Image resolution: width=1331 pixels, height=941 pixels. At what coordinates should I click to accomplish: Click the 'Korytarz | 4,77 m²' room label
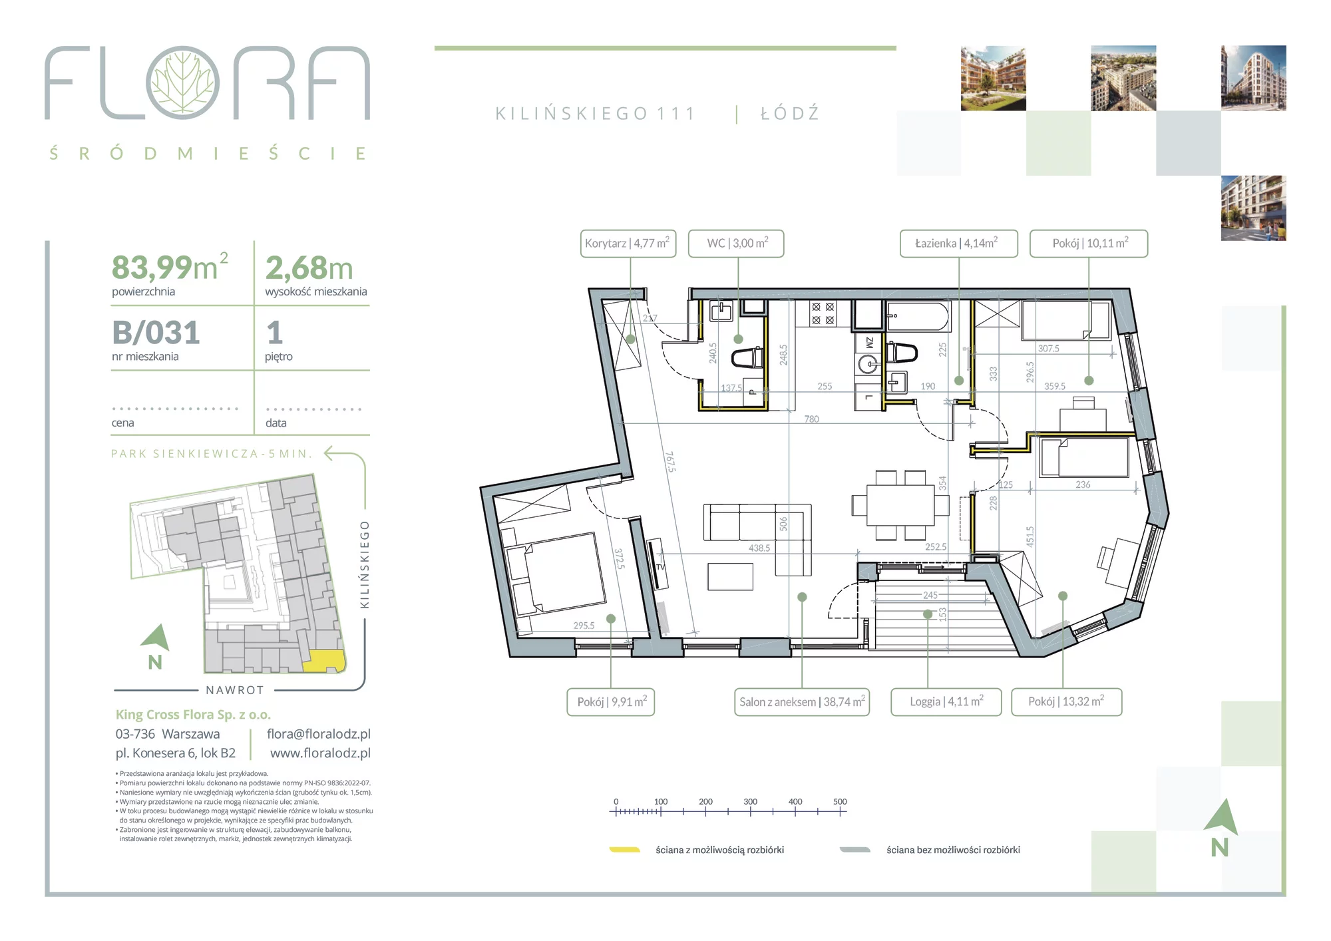coord(628,244)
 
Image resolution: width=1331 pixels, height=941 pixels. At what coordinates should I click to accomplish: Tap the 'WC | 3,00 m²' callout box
coord(736,244)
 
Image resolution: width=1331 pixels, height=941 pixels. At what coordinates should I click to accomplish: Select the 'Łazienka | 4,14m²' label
coord(958,244)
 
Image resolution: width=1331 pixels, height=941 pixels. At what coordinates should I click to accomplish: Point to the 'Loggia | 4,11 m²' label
coord(946,702)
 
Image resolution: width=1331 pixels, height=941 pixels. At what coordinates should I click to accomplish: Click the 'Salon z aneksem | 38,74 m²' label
coord(802,702)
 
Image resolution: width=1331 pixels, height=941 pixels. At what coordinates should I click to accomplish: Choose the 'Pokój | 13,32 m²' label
coord(1066,702)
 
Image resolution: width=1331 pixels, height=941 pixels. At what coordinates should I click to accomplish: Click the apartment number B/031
coord(156,333)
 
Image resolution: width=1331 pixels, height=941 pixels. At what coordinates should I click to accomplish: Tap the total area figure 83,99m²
coord(170,268)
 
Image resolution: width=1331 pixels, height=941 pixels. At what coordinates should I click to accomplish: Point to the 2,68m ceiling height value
coord(309,268)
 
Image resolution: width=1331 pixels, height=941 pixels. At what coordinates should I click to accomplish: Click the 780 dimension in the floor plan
coord(811,419)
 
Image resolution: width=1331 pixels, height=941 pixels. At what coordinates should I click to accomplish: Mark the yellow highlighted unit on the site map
coord(324,661)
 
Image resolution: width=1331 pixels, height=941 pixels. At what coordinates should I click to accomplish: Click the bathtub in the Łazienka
coord(918,317)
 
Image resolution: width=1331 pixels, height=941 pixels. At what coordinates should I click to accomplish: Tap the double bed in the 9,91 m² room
coord(555,574)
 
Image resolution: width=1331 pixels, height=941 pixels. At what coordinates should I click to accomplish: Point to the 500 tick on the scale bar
coord(840,811)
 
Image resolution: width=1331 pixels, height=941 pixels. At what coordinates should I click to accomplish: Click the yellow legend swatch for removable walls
coord(625,850)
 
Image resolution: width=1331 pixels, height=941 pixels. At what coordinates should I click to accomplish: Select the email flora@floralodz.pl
coord(319,734)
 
